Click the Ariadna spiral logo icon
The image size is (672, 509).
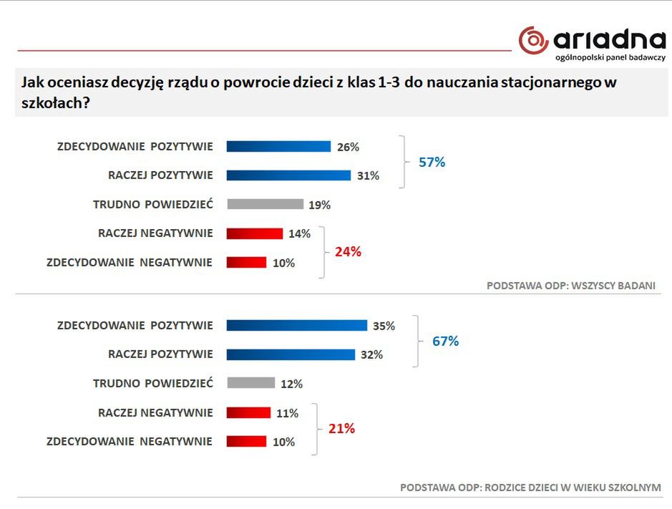[x=534, y=40]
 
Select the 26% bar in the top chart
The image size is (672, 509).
[x=278, y=147]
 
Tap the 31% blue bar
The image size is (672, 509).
[x=288, y=175]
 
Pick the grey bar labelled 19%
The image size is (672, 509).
[x=265, y=204]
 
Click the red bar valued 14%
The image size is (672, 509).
[x=255, y=233]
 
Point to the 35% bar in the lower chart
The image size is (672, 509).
[x=296, y=326]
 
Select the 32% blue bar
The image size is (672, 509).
[x=291, y=354]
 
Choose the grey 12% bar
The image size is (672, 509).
[x=250, y=383]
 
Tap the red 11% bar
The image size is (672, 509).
[x=248, y=413]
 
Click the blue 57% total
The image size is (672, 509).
[x=432, y=163]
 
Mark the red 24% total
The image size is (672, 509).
[x=349, y=252]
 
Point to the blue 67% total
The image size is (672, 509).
[x=445, y=341]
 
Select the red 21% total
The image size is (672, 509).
[x=341, y=429]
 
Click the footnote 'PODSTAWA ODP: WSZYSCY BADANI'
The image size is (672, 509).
[x=570, y=285]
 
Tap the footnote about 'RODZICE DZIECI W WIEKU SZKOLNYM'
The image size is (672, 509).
[x=530, y=488]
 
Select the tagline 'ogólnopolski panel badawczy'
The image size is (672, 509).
[x=610, y=57]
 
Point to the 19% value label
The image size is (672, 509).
[x=319, y=205]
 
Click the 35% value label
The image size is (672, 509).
[x=384, y=326]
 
